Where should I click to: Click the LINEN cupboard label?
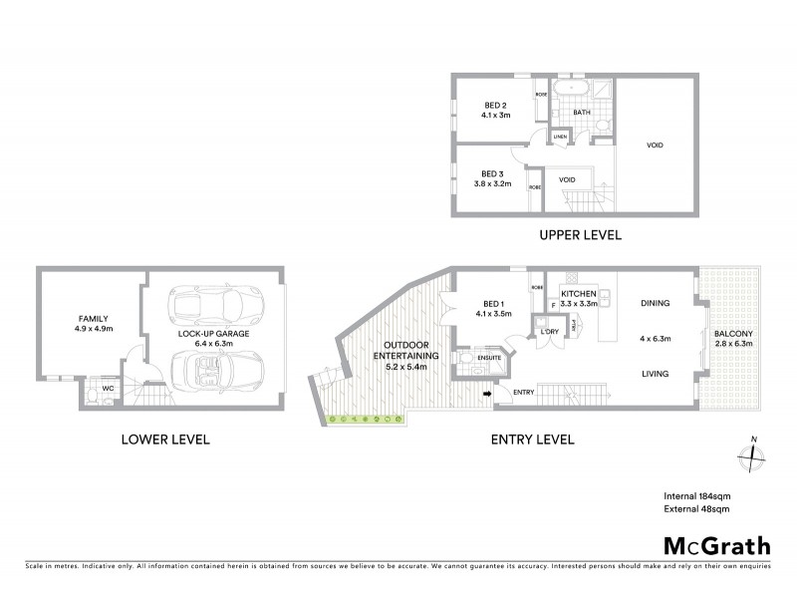tap(560, 136)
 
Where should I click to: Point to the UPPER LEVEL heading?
tap(581, 236)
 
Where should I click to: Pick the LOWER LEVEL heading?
tap(164, 439)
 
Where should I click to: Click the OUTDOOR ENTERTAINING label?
tap(399, 355)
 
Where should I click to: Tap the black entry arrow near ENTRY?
tap(487, 394)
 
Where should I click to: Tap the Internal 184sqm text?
tap(696, 495)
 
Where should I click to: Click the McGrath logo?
tap(717, 545)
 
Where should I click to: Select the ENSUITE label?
tap(489, 356)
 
